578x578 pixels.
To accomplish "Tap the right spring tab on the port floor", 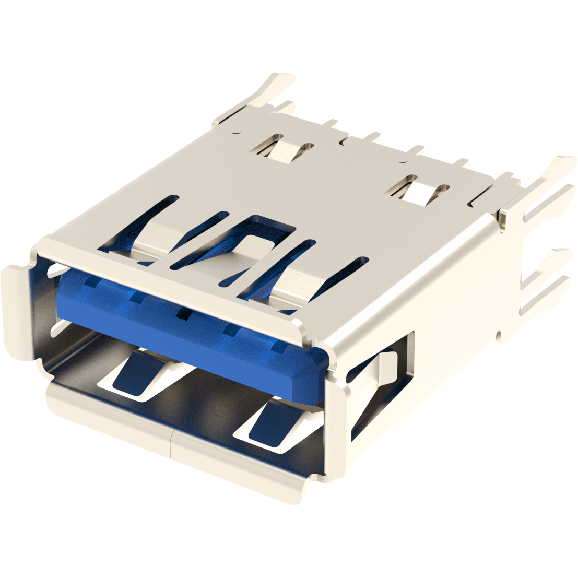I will (x=272, y=424).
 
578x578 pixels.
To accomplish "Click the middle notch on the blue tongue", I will (x=183, y=314).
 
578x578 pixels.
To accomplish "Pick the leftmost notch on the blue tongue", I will (x=92, y=283).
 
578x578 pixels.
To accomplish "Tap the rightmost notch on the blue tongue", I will (x=279, y=346).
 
